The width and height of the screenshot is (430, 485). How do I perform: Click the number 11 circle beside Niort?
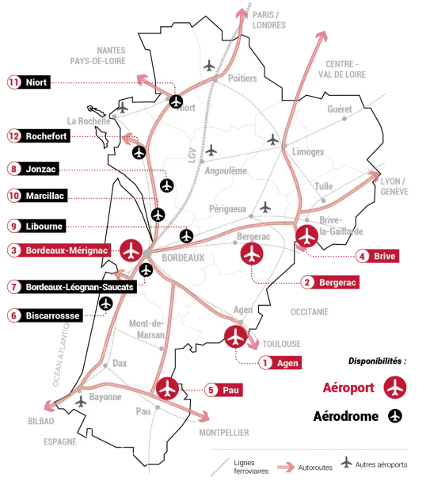click(13, 82)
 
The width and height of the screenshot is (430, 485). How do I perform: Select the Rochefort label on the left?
click(47, 136)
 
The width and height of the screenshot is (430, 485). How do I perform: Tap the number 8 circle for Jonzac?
click(13, 168)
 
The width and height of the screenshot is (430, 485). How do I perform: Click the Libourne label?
click(44, 226)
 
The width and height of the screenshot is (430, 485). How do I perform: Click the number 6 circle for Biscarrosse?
click(13, 315)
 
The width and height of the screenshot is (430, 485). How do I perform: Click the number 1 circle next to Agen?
click(266, 363)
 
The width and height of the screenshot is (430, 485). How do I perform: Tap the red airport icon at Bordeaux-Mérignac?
click(131, 250)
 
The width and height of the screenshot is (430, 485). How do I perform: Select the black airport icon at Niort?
click(176, 101)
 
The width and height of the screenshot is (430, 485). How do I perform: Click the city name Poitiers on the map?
click(242, 78)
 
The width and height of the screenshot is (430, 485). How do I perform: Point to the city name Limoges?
click(308, 151)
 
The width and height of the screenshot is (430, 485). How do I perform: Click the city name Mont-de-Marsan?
click(147, 329)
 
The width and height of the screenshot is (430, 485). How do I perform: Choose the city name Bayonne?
click(105, 397)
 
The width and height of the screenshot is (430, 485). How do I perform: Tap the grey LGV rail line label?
click(192, 155)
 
